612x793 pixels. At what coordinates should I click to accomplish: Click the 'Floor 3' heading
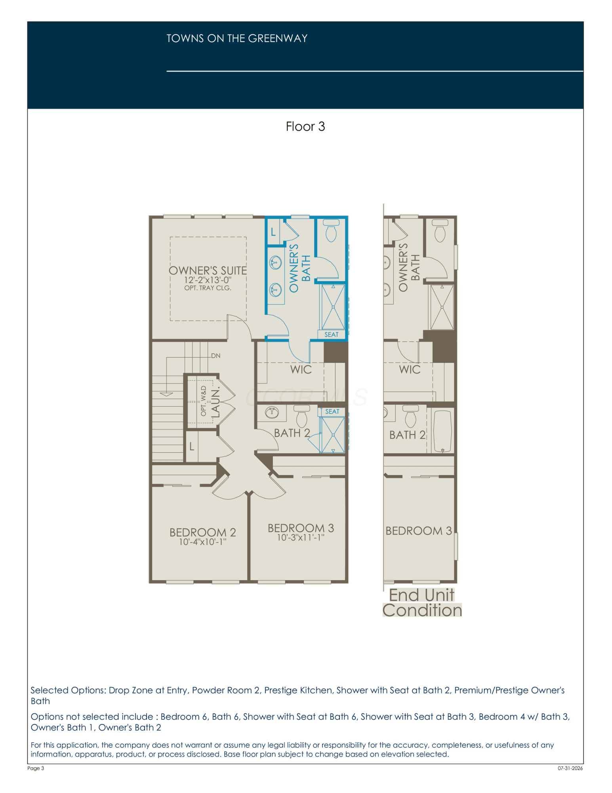305,126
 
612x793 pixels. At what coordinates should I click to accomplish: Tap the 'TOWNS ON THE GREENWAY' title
237,38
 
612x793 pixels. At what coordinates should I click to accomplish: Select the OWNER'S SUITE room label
208,270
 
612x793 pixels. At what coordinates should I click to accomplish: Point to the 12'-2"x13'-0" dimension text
208,280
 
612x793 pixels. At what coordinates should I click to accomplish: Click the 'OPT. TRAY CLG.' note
208,288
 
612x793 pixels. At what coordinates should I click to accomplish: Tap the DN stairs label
215,356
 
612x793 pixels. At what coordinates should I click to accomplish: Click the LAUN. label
215,403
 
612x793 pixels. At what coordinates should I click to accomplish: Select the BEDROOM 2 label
203,532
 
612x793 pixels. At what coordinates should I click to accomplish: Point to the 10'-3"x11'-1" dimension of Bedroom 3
301,538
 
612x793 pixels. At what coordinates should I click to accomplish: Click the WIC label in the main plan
301,370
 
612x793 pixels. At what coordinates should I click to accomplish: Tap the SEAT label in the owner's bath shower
332,335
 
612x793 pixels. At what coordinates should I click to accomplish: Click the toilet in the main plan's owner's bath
331,231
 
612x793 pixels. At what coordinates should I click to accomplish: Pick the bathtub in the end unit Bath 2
443,431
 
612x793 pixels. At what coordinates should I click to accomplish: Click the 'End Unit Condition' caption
422,603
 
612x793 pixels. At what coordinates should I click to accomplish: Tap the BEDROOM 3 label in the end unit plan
419,531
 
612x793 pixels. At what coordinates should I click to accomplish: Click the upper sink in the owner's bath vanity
275,262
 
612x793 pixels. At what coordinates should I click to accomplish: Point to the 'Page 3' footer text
36,768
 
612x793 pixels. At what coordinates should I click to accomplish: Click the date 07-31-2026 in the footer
570,768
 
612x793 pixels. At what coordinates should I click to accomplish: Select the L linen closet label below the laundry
192,446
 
